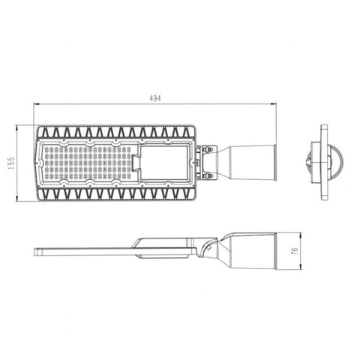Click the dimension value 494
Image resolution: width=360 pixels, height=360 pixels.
pyautogui.click(x=155, y=98)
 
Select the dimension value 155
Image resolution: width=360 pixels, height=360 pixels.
pyautogui.click(x=11, y=163)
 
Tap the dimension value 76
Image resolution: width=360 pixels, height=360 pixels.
pyautogui.click(x=295, y=250)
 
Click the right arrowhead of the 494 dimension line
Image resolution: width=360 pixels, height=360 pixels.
pyautogui.click(x=273, y=103)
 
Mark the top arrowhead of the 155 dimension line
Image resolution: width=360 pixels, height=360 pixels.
pyautogui.click(x=16, y=127)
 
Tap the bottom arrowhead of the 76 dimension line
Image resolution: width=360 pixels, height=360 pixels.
pyautogui.click(x=300, y=267)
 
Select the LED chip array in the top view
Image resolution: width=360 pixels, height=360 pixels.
pyautogui.click(x=88, y=163)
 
